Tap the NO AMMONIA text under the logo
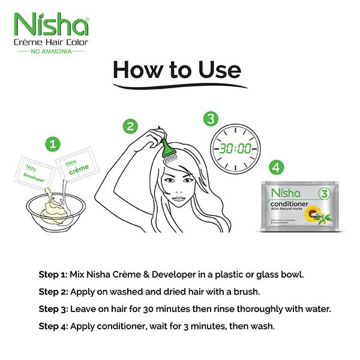50,51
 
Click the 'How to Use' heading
177,71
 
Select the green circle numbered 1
55,144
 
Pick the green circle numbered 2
130,126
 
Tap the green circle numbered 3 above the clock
209,118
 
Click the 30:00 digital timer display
233,147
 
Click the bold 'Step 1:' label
53,275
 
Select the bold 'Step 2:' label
53,293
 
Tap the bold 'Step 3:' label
53,310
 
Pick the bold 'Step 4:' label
53,327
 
